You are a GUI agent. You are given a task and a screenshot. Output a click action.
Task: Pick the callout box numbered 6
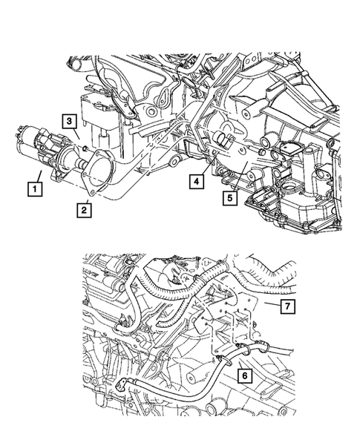point(243,376)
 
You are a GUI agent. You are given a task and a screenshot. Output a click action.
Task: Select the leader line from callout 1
point(33,169)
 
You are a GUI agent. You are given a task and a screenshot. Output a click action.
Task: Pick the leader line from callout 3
point(76,137)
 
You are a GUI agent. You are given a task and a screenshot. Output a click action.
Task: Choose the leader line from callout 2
point(88,197)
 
